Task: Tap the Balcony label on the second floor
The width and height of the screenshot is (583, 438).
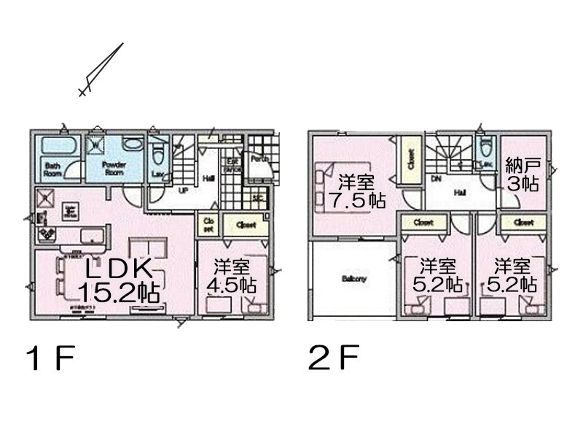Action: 353,278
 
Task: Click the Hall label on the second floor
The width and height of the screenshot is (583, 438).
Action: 461,193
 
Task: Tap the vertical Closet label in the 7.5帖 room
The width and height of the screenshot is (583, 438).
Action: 410,158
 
